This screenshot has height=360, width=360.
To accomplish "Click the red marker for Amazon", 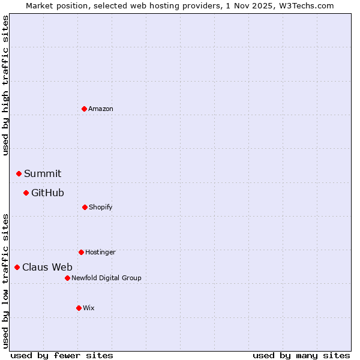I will [x=84, y=109].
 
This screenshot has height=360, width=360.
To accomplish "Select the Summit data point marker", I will [x=19, y=173].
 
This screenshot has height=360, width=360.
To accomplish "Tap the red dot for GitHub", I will [x=26, y=193].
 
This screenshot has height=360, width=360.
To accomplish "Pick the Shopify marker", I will [x=85, y=207].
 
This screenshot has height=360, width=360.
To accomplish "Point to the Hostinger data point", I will [x=81, y=252].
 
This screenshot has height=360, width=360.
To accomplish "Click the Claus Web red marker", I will [x=17, y=267].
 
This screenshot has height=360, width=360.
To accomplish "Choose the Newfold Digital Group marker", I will [x=67, y=278].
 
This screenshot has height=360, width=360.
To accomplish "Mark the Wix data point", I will [x=79, y=308].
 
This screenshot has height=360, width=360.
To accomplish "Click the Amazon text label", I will [x=101, y=109].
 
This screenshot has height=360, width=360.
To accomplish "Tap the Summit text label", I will [x=43, y=173].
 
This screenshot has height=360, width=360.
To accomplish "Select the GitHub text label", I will [x=47, y=193].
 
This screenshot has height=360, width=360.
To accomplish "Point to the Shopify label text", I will [x=101, y=207].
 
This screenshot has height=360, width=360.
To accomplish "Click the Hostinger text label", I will [x=100, y=252].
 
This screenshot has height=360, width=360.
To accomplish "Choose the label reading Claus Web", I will [x=47, y=267].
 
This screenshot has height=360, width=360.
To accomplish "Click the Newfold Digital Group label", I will [x=106, y=278].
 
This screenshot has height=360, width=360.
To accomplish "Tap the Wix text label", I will [x=89, y=308].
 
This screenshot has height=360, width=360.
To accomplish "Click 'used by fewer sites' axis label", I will [x=62, y=355].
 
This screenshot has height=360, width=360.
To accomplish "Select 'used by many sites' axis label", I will [x=301, y=355].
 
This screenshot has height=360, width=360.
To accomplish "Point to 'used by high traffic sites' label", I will [x=6, y=85].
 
